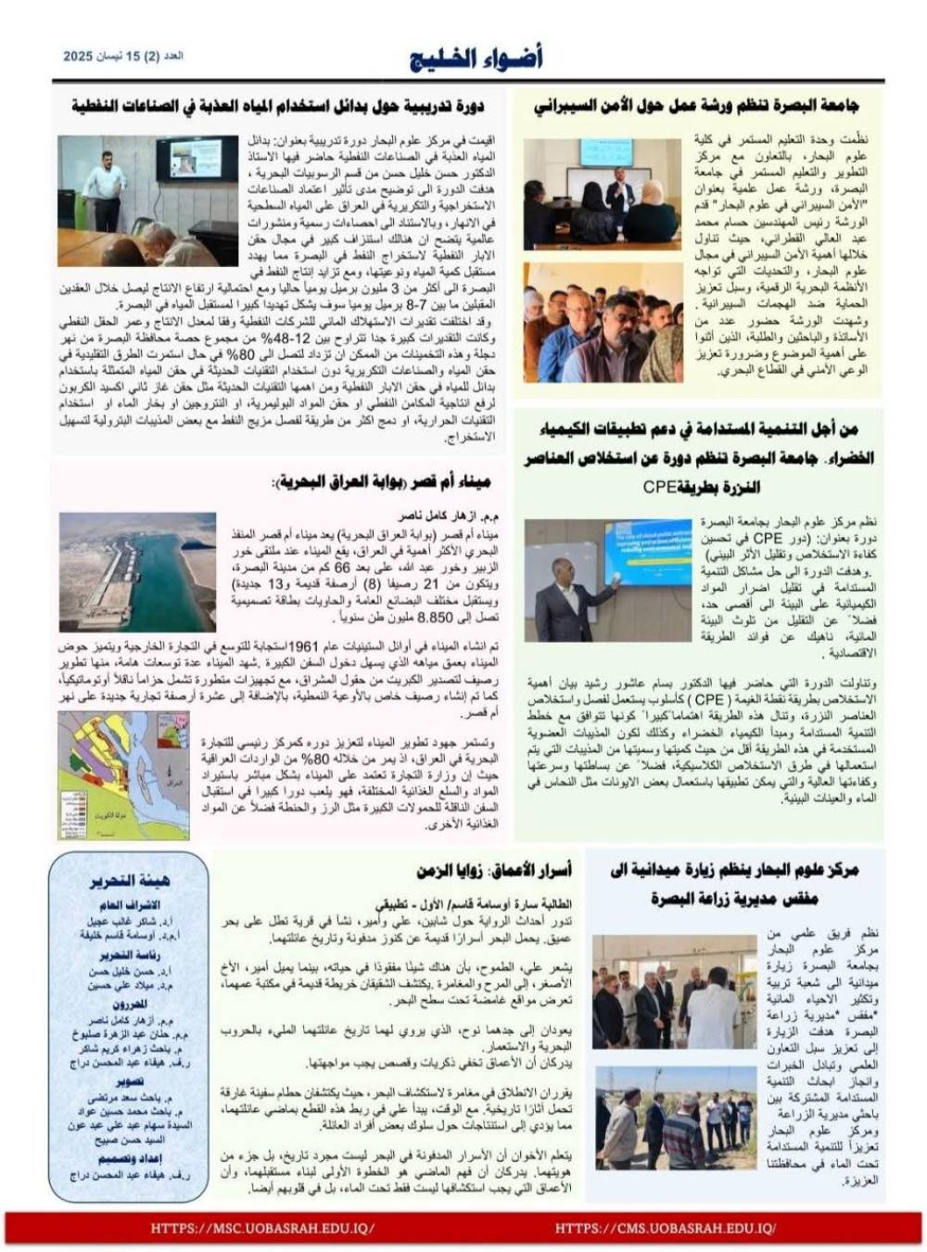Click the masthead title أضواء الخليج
pyautogui.click(x=476, y=58)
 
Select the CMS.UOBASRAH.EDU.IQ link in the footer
pyautogui.click(x=665, y=1228)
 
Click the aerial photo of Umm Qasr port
pyautogui.click(x=137, y=572)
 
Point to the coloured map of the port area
pyautogui.click(x=123, y=775)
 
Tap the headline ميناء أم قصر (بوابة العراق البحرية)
pyautogui.click(x=381, y=482)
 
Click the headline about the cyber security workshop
pyautogui.click(x=696, y=107)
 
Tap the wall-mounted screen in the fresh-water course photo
pyautogui.click(x=196, y=160)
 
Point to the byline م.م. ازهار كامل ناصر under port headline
pyautogui.click(x=449, y=516)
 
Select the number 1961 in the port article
pyautogui.click(x=305, y=646)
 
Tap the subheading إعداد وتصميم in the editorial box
pyautogui.click(x=129, y=1158)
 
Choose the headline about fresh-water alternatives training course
pyautogui.click(x=277, y=107)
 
